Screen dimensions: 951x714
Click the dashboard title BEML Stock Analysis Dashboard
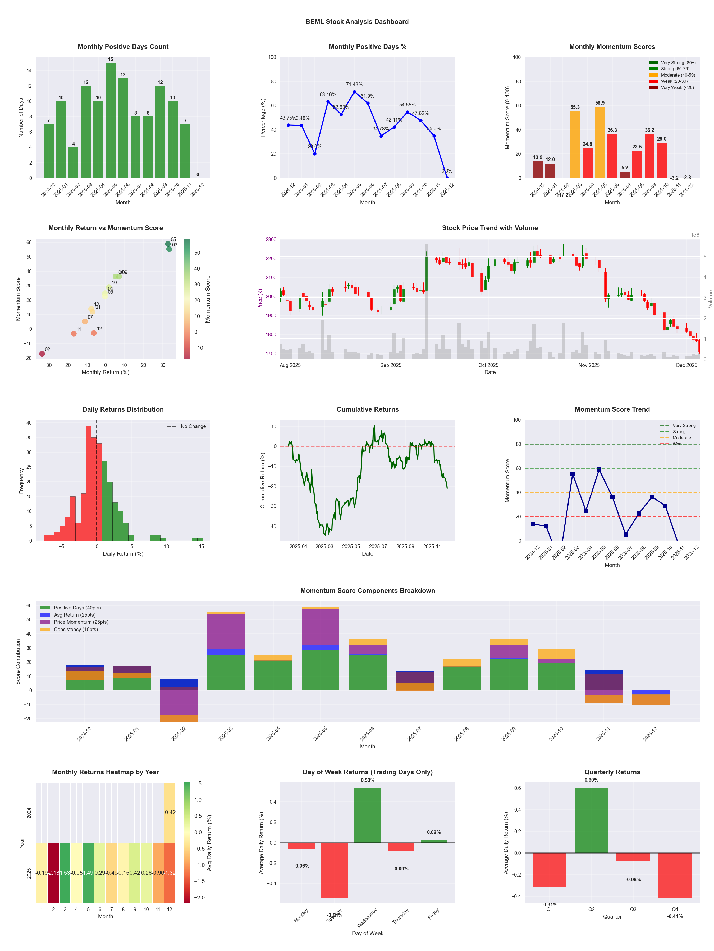pos(357,21)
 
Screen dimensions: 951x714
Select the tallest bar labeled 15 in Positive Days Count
pos(111,120)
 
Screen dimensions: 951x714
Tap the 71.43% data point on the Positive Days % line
pos(355,92)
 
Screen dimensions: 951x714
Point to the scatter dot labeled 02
pos(42,354)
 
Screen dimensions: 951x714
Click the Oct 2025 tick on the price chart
pos(488,365)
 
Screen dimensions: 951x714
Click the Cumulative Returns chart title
pos(368,409)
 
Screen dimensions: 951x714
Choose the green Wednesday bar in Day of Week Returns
pos(368,815)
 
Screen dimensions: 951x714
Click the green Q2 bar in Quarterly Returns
pos(591,820)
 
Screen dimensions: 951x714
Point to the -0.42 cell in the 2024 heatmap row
pos(170,813)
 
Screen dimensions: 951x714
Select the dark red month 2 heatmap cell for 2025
pos(53,873)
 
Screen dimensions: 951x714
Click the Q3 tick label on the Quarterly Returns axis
pos(633,909)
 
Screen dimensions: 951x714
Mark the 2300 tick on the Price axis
pos(271,240)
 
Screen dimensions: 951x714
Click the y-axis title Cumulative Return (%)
pos(263,480)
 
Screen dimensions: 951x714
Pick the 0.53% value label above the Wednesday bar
pos(368,780)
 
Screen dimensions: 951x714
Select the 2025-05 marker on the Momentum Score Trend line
pos(599,469)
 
